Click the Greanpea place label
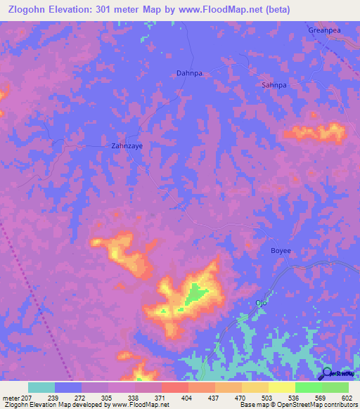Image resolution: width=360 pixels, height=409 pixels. [325, 30]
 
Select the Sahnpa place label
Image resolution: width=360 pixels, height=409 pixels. [274, 85]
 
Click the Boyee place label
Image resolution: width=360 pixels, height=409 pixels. [281, 251]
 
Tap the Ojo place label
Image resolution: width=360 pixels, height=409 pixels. [261, 303]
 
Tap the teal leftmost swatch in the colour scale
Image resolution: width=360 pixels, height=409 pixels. [41, 387]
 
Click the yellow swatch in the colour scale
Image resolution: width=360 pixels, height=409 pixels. [281, 387]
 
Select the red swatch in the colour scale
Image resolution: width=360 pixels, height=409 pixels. [174, 387]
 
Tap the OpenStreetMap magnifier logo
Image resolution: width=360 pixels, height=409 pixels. [327, 375]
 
